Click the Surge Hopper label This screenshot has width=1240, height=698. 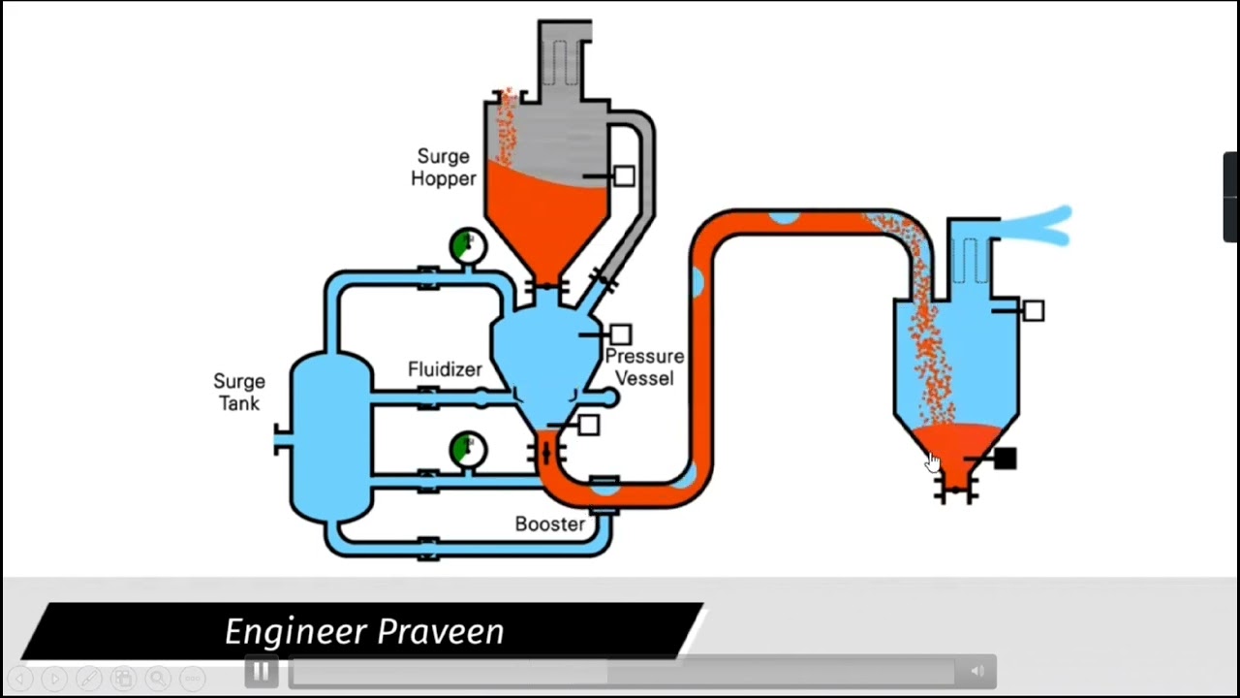(x=443, y=167)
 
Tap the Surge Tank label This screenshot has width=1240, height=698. (x=238, y=392)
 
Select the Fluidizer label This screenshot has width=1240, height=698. (x=445, y=369)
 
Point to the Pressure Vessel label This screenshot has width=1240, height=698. (x=644, y=367)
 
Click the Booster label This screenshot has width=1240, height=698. (x=549, y=524)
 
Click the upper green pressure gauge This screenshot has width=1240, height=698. (x=467, y=246)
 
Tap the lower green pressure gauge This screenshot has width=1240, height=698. (x=467, y=449)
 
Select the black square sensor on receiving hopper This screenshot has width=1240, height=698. (x=1005, y=459)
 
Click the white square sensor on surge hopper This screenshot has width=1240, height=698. (x=624, y=176)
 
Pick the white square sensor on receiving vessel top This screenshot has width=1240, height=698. (x=1034, y=310)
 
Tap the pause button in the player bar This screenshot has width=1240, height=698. (x=261, y=671)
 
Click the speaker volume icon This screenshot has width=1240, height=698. (x=976, y=671)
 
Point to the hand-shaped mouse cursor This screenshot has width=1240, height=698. (x=932, y=463)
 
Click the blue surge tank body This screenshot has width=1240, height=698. (x=329, y=436)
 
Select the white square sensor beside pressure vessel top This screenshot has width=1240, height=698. (x=620, y=334)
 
